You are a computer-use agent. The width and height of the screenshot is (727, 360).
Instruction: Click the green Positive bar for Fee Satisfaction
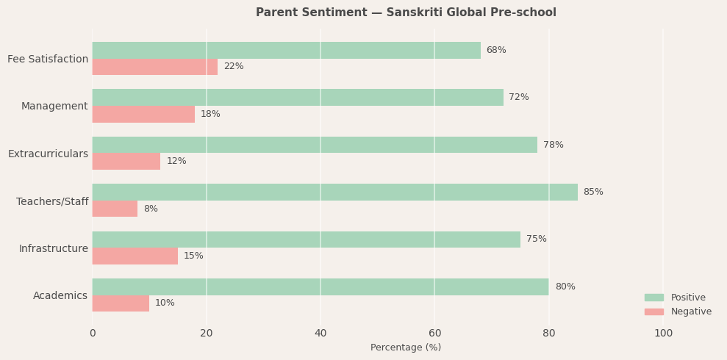click(x=286, y=50)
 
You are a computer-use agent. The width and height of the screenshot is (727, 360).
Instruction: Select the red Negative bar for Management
click(x=143, y=114)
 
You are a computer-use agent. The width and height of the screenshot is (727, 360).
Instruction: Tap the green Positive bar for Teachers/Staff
click(x=334, y=192)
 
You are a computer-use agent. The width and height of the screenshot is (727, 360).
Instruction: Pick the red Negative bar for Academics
click(x=121, y=303)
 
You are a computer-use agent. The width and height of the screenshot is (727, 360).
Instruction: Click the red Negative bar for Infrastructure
click(x=135, y=256)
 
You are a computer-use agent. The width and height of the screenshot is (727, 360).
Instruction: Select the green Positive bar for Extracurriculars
click(x=315, y=145)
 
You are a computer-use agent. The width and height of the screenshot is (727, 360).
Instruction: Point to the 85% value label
click(x=593, y=192)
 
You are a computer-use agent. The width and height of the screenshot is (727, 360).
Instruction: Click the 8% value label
click(x=151, y=209)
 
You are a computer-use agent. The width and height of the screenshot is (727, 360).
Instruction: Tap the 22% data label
click(x=234, y=67)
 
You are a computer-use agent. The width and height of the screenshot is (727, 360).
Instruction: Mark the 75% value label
click(x=537, y=240)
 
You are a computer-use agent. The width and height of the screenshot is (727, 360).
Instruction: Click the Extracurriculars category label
click(x=48, y=154)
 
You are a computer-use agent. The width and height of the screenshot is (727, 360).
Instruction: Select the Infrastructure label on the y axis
click(x=53, y=249)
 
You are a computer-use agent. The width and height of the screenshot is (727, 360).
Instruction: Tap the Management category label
click(x=54, y=107)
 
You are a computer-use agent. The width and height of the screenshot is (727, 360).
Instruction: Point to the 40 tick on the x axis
click(x=320, y=334)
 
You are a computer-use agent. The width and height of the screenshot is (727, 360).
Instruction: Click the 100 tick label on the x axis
click(x=663, y=334)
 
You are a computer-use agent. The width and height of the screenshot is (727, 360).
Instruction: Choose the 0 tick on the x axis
click(x=93, y=334)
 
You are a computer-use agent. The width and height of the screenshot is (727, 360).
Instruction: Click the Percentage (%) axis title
click(x=406, y=348)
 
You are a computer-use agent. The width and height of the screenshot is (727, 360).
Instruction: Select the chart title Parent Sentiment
click(x=406, y=12)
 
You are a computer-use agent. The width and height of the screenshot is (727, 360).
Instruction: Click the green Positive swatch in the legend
click(x=653, y=298)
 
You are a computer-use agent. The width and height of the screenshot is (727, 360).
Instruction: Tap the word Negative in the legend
click(x=691, y=312)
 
